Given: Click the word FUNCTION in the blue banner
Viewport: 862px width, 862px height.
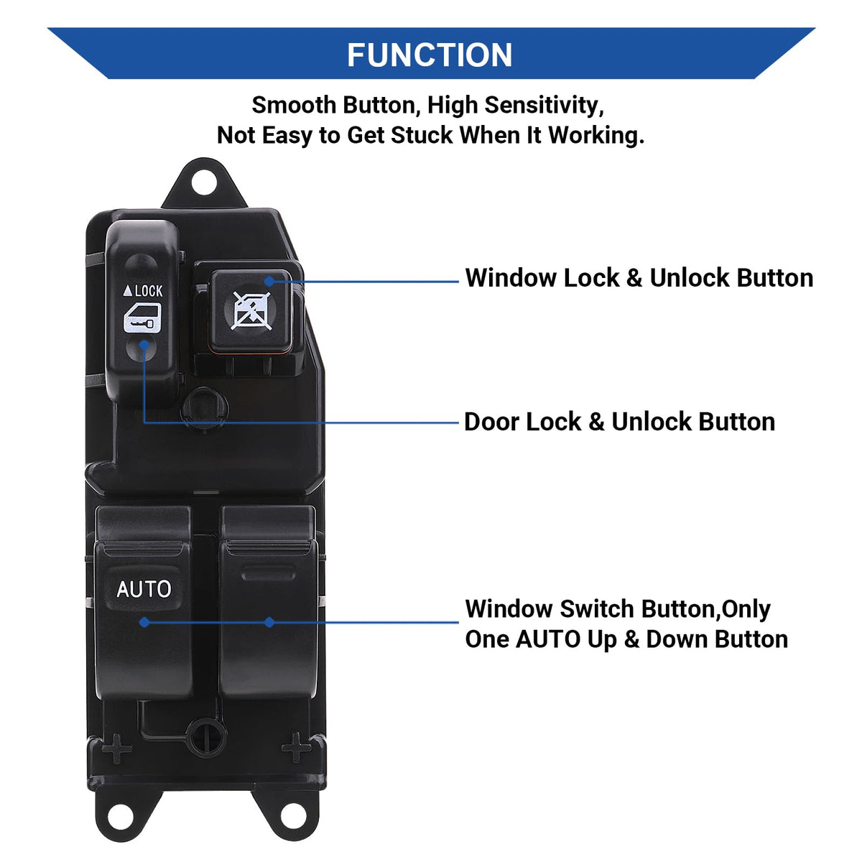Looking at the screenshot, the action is (429, 55).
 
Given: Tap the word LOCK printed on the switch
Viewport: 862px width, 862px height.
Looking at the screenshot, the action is (149, 291).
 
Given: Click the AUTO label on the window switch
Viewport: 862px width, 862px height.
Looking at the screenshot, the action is (144, 589).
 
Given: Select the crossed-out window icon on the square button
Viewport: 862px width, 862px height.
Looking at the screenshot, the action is (251, 311).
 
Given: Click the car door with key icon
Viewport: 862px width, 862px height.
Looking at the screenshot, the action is (142, 318).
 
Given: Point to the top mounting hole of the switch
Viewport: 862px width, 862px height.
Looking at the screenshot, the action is (204, 183).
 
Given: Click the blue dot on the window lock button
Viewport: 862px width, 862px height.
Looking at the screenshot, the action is (269, 281).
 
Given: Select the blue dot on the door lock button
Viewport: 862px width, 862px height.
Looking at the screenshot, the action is (144, 345).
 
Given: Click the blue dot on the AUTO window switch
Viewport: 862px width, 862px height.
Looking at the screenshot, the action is (144, 622).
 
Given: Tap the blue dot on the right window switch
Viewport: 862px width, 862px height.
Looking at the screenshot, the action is (269, 622).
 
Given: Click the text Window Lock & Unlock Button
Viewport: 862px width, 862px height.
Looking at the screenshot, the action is (639, 278).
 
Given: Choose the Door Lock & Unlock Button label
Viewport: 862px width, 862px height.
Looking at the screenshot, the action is (619, 422).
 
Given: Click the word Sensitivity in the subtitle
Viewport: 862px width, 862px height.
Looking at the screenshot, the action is (544, 106).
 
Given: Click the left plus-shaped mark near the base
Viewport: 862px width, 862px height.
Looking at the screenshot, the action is (116, 748).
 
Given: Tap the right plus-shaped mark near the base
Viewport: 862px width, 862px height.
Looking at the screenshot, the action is (296, 747).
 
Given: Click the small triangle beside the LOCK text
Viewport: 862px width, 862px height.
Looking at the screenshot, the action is (128, 291).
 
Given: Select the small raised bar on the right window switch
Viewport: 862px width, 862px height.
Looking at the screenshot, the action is (269, 573).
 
